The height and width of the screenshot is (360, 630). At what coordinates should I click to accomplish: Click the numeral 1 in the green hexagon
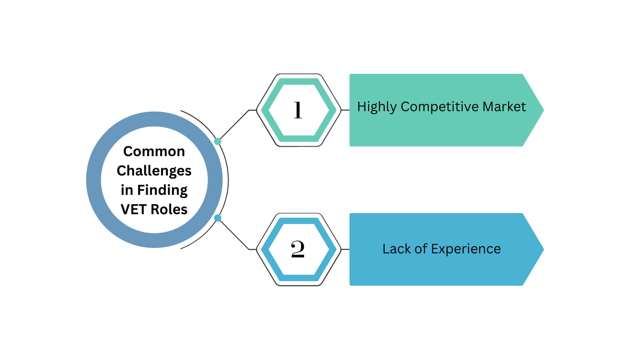(x=297, y=110)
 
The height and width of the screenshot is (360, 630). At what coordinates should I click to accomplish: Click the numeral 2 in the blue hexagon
(x=297, y=249)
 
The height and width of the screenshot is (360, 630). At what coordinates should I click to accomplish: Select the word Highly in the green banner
(x=377, y=107)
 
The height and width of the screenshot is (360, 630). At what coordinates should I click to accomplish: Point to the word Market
(x=504, y=107)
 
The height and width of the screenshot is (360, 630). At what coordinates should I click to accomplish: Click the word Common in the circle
(x=154, y=151)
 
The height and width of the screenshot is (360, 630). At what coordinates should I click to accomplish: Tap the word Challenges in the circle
(x=154, y=171)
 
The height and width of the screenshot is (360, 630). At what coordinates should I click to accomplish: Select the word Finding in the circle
(x=162, y=190)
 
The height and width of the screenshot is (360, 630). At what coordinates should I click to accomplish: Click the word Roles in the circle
(x=170, y=209)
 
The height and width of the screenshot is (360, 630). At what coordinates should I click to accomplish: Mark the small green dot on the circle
(x=218, y=141)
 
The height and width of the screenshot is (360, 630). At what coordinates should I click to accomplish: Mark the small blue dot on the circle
(x=218, y=218)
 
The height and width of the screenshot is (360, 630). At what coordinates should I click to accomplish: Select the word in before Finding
(x=127, y=190)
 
